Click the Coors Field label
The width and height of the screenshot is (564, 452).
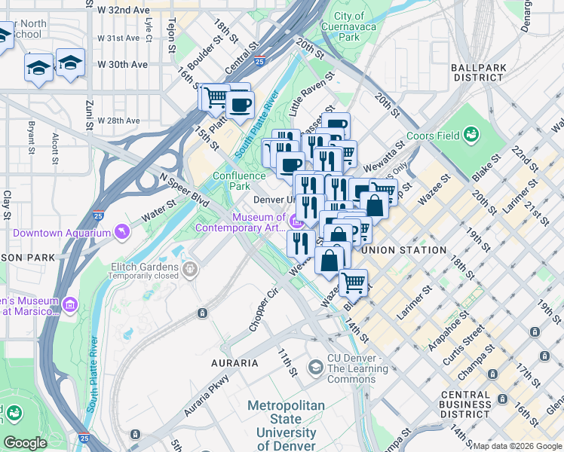click(432, 136)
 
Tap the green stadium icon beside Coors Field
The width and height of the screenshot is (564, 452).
click(472, 135)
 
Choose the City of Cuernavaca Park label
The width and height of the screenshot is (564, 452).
click(348, 26)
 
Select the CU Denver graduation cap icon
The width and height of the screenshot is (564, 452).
click(315, 367)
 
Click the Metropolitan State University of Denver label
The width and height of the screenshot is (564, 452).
click(286, 426)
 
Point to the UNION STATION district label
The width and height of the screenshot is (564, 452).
click(403, 250)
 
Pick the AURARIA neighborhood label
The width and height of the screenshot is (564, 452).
click(236, 363)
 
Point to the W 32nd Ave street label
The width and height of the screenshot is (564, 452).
click(123, 11)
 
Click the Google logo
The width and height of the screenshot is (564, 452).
click(25, 442)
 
